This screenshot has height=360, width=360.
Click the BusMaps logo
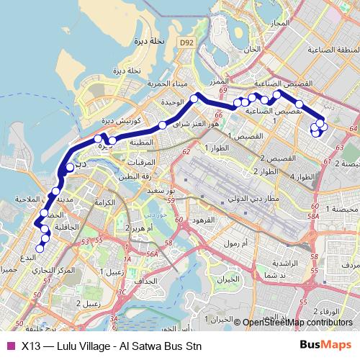(327, 345)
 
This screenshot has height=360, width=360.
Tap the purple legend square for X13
(10, 346)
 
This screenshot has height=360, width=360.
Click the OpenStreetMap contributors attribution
(298, 323)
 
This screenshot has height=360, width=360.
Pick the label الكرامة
(105, 203)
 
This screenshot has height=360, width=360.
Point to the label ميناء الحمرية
(163, 84)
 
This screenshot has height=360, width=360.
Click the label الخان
(251, 50)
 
